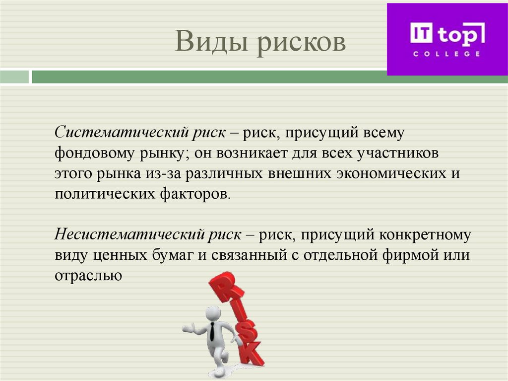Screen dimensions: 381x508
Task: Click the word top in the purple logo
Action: click(x=459, y=35)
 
